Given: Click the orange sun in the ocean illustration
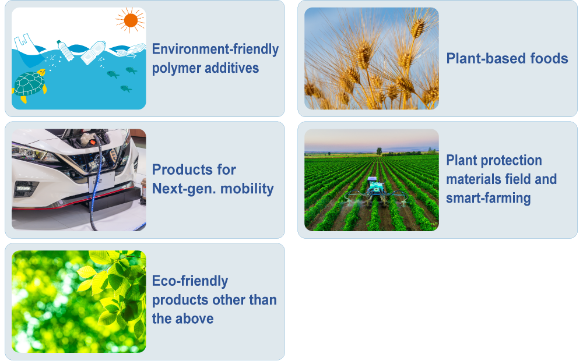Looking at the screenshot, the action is pyautogui.click(x=131, y=20).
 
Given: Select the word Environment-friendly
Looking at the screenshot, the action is pyautogui.click(x=215, y=49).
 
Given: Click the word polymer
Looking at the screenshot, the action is pyautogui.click(x=176, y=68).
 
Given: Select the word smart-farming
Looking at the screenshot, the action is pyautogui.click(x=488, y=199).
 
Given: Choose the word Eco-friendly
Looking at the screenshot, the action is pyautogui.click(x=190, y=281).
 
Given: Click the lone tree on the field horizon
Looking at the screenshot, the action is pyautogui.click(x=379, y=151).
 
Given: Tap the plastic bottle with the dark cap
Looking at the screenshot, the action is pyautogui.click(x=65, y=51).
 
